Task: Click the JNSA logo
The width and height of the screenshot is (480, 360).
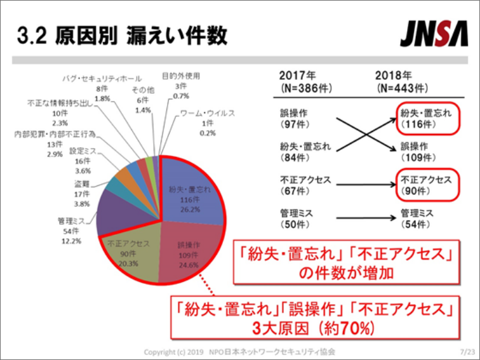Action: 433,36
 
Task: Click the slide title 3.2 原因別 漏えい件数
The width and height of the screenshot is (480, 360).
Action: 123,36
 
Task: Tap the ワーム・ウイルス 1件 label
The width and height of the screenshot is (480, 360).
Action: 207,123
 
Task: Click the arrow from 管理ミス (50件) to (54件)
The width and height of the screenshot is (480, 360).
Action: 365,219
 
